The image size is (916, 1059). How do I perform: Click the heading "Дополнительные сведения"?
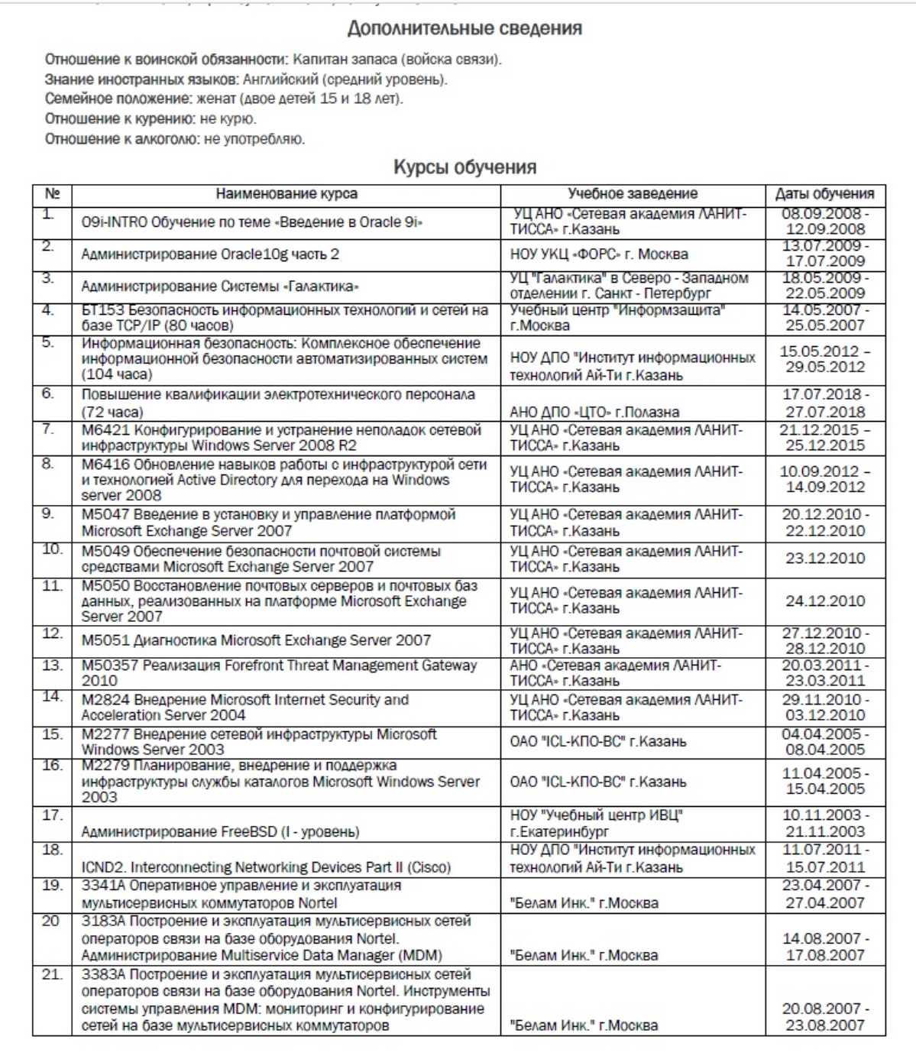(x=464, y=29)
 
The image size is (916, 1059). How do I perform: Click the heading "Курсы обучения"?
(x=464, y=167)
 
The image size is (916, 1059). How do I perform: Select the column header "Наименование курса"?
(x=286, y=194)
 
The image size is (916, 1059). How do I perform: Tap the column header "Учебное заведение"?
(x=633, y=194)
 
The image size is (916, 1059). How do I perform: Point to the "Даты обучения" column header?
(x=825, y=194)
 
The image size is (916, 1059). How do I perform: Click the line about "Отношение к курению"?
(x=151, y=119)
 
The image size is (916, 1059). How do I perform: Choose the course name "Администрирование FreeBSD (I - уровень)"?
(x=220, y=831)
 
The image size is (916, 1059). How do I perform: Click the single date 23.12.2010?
(x=825, y=559)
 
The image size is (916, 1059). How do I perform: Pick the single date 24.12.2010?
(x=825, y=601)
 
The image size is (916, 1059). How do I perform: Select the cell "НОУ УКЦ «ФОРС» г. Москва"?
(x=599, y=254)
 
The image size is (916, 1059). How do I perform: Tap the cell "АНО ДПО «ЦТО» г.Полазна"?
(x=594, y=412)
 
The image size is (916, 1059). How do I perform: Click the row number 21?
(x=51, y=975)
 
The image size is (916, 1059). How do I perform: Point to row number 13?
(x=51, y=666)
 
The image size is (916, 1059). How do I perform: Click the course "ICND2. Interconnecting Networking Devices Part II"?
(x=266, y=867)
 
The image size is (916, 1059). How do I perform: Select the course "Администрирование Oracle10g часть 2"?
(x=210, y=254)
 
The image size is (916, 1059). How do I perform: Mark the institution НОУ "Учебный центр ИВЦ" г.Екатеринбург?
(x=596, y=823)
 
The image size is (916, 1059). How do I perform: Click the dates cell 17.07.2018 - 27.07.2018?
(x=825, y=403)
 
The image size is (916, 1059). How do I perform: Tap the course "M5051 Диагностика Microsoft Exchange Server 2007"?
(x=256, y=640)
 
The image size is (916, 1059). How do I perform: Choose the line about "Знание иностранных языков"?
(x=246, y=79)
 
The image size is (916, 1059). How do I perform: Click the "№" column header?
(x=51, y=194)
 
